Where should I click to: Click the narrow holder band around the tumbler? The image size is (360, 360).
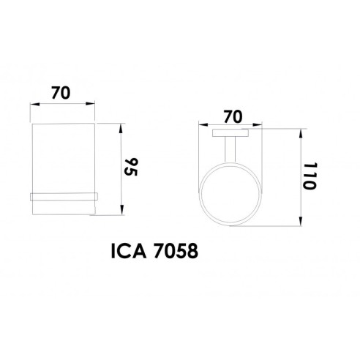63,195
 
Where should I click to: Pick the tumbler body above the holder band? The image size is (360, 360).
63,157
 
